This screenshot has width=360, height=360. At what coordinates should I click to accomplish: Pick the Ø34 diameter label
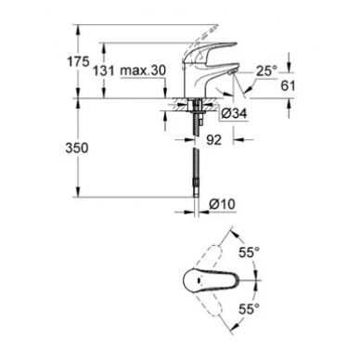pos(238,112)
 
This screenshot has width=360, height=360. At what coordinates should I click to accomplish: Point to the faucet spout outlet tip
pos(233,86)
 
